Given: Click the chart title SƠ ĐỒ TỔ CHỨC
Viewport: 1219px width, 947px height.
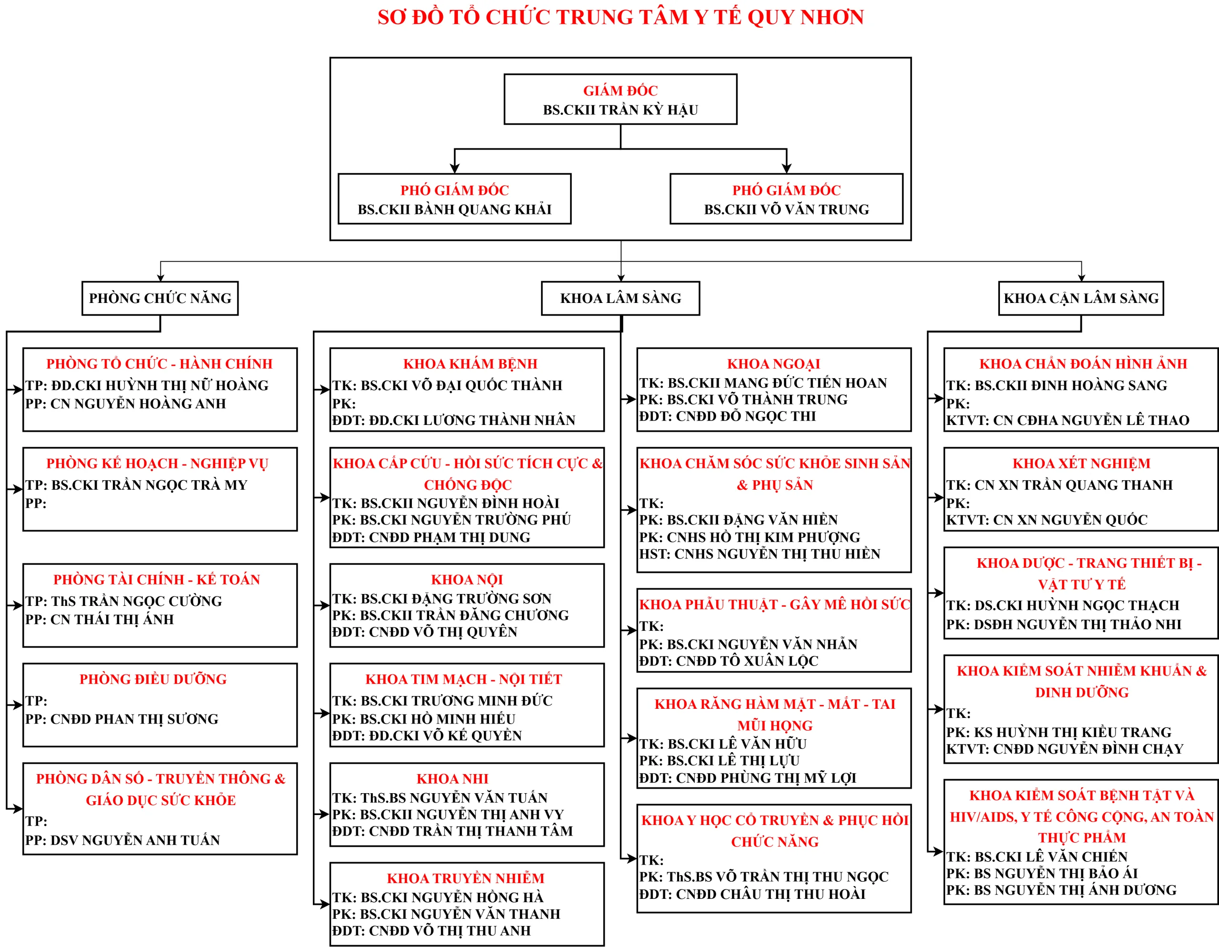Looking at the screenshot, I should tap(620, 17).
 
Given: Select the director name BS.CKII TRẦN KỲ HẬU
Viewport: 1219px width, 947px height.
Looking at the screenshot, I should tap(620, 110).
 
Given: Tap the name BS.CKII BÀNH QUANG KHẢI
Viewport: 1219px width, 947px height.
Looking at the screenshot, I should tap(454, 210).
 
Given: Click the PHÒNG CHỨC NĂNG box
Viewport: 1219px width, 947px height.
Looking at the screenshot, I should tap(160, 298).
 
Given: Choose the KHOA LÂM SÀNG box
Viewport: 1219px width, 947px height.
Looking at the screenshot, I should tap(620, 298).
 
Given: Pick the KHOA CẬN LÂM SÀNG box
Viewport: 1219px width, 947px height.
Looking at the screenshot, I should tap(1080, 298).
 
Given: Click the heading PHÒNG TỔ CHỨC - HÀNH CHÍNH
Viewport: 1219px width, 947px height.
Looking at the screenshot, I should tap(159, 364).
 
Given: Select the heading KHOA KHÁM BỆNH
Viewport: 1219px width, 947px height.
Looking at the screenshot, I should tap(470, 364).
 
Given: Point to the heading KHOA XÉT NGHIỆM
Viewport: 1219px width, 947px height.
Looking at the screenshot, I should tap(1081, 463).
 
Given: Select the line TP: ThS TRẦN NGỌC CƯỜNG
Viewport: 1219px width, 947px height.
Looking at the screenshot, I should tap(123, 601).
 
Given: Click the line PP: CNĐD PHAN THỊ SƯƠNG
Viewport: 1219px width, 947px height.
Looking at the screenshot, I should tap(122, 719).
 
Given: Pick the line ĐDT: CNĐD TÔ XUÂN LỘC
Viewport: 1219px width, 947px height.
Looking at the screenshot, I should tap(729, 661).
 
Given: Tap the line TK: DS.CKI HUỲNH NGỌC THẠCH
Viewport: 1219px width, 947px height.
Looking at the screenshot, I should tap(1063, 605).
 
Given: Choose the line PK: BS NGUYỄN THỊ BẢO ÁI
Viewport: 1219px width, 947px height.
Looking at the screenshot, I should tap(1041, 873).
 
